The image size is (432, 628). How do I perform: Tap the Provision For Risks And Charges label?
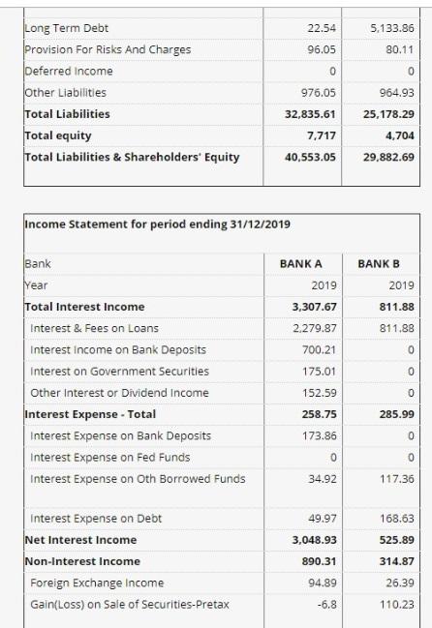pyautogui.click(x=108, y=49)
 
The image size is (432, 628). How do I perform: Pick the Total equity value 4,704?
pyautogui.click(x=397, y=135)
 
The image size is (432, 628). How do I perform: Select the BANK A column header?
pyautogui.click(x=301, y=263)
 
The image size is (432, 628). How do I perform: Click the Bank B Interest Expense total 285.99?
pyautogui.click(x=393, y=413)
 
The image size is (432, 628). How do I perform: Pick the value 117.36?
pyautogui.click(x=393, y=478)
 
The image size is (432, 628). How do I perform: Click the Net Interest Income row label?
pyautogui.click(x=80, y=540)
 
